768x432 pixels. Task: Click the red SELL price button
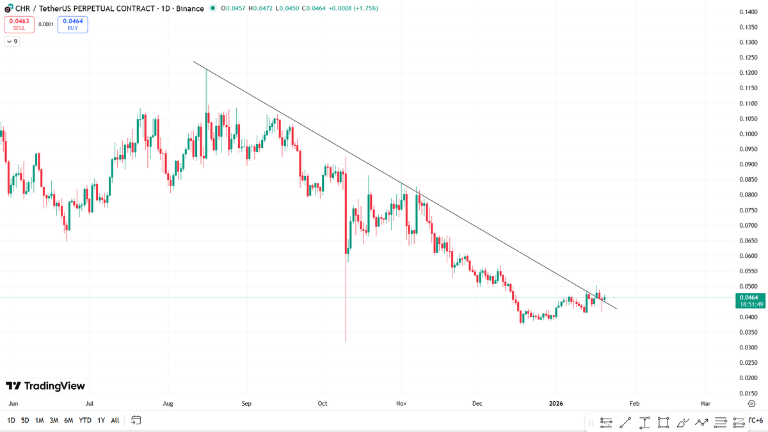pyautogui.click(x=20, y=24)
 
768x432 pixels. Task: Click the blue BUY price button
pyautogui.click(x=72, y=24)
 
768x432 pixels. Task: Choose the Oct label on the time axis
pyautogui.click(x=323, y=404)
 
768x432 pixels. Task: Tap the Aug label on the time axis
pyautogui.click(x=168, y=404)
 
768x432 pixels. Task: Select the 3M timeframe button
pyautogui.click(x=54, y=420)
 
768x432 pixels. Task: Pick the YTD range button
pyautogui.click(x=84, y=420)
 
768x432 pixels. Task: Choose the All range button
pyautogui.click(x=115, y=420)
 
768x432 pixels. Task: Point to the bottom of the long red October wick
pyautogui.click(x=346, y=341)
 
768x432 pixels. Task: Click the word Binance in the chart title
pyautogui.click(x=190, y=8)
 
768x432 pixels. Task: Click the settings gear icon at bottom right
pyautogui.click(x=751, y=404)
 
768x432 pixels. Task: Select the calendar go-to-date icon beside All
pyautogui.click(x=136, y=420)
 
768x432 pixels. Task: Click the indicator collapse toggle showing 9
pyautogui.click(x=12, y=42)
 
